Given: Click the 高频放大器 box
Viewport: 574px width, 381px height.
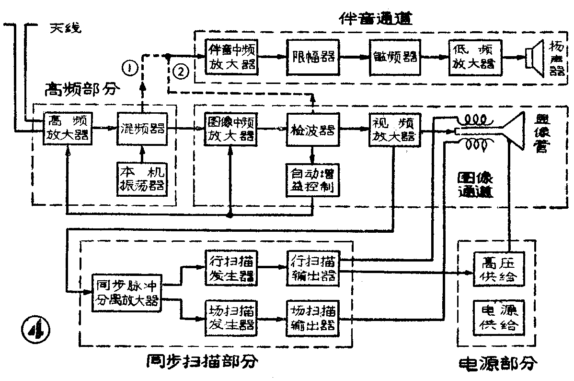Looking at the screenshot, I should pyautogui.click(x=67, y=128).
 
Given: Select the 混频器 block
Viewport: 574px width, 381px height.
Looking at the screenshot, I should pyautogui.click(x=142, y=128).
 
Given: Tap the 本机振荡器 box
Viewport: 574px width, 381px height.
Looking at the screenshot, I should pyautogui.click(x=142, y=179).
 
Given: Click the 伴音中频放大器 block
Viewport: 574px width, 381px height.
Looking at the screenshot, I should pyautogui.click(x=231, y=57).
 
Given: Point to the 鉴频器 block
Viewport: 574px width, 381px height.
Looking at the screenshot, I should pyautogui.click(x=394, y=57).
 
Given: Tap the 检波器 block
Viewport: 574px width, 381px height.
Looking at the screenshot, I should pyautogui.click(x=312, y=129).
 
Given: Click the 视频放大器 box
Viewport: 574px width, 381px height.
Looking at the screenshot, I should pyautogui.click(x=394, y=129).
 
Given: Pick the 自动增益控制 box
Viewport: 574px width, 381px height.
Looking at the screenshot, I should pyautogui.click(x=312, y=179).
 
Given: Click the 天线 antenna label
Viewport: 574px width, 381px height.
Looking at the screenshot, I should pyautogui.click(x=65, y=27).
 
